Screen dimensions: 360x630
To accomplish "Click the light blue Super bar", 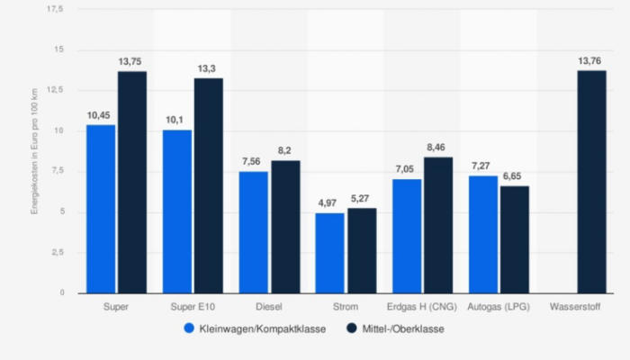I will click(x=101, y=209).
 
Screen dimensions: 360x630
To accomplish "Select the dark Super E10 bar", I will click(x=208, y=185).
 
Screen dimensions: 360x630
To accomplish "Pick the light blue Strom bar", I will click(x=329, y=253).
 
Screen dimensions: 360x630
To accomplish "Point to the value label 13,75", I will click(x=132, y=60).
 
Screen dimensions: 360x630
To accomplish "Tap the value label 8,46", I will click(x=438, y=146).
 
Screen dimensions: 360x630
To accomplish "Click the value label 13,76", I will click(x=590, y=60).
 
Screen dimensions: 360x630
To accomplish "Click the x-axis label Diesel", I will click(x=269, y=307).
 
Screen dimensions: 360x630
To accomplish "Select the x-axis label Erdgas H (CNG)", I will click(x=422, y=307).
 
